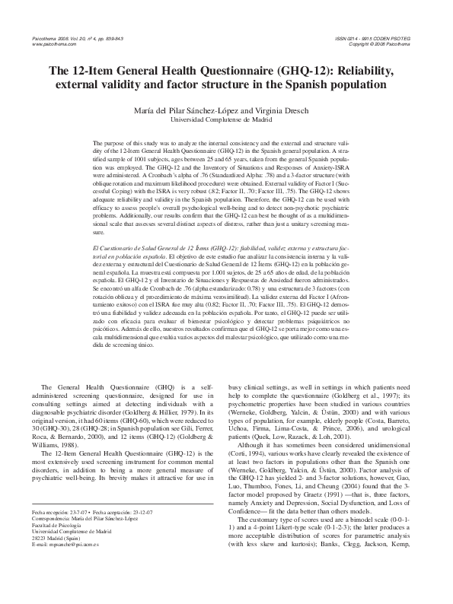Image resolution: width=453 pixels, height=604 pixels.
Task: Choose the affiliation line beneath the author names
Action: (226, 120)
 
